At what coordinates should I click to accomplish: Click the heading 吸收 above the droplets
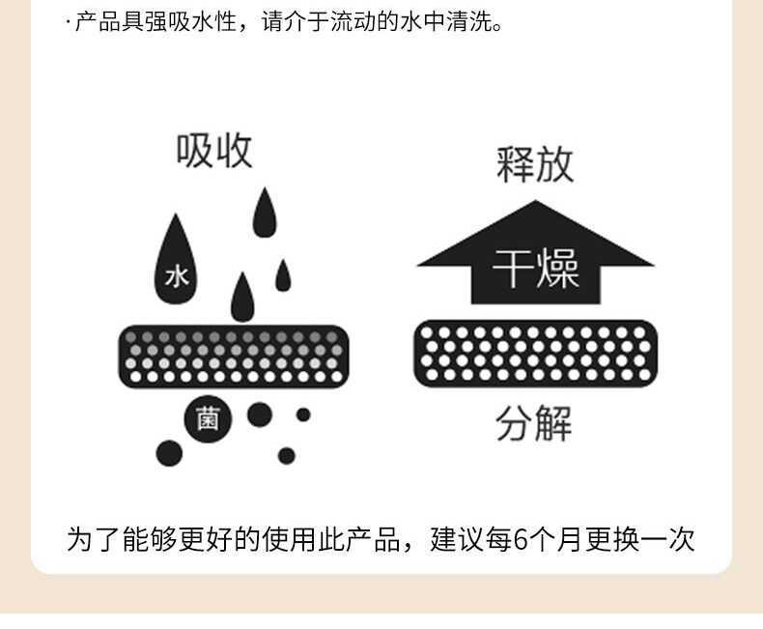point(214,151)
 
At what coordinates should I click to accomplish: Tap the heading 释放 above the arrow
point(535,164)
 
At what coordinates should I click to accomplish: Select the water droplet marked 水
point(176,261)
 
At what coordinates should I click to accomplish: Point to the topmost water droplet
point(264,214)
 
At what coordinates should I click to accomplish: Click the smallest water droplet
point(283,275)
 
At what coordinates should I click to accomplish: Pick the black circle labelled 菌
point(207,419)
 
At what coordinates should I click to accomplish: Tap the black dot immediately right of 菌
point(259,415)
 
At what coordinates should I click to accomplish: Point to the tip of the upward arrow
point(535,204)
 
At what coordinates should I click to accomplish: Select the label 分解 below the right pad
point(534,423)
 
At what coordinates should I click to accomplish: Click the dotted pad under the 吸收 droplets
point(233,356)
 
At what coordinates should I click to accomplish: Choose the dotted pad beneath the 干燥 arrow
point(535,353)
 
